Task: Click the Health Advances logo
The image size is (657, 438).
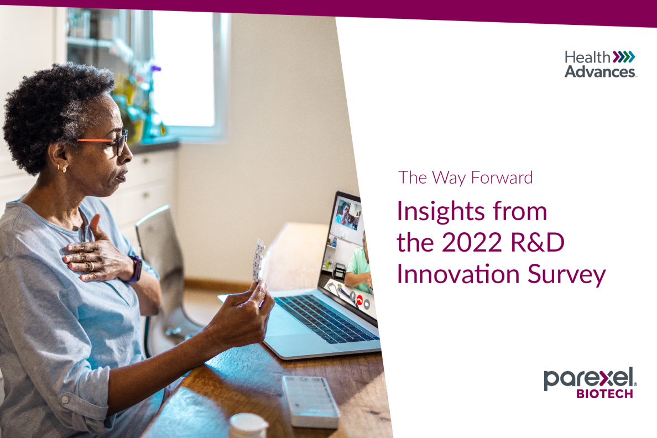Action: (x=601, y=64)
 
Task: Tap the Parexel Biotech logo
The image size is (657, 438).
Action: (x=591, y=383)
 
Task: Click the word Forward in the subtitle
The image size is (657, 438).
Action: (x=502, y=178)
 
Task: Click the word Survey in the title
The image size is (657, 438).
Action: (x=566, y=275)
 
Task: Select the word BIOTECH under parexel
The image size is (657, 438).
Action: (x=604, y=394)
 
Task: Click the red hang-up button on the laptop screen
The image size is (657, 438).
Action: (x=359, y=300)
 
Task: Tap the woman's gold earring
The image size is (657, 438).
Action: (x=63, y=169)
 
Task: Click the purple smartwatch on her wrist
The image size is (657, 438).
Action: (x=135, y=269)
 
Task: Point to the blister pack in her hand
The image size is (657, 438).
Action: (x=258, y=260)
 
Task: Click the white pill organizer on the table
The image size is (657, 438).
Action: (x=310, y=401)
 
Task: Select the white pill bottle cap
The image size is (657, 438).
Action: (x=248, y=425)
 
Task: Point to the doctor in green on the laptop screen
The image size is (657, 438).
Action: (x=358, y=268)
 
